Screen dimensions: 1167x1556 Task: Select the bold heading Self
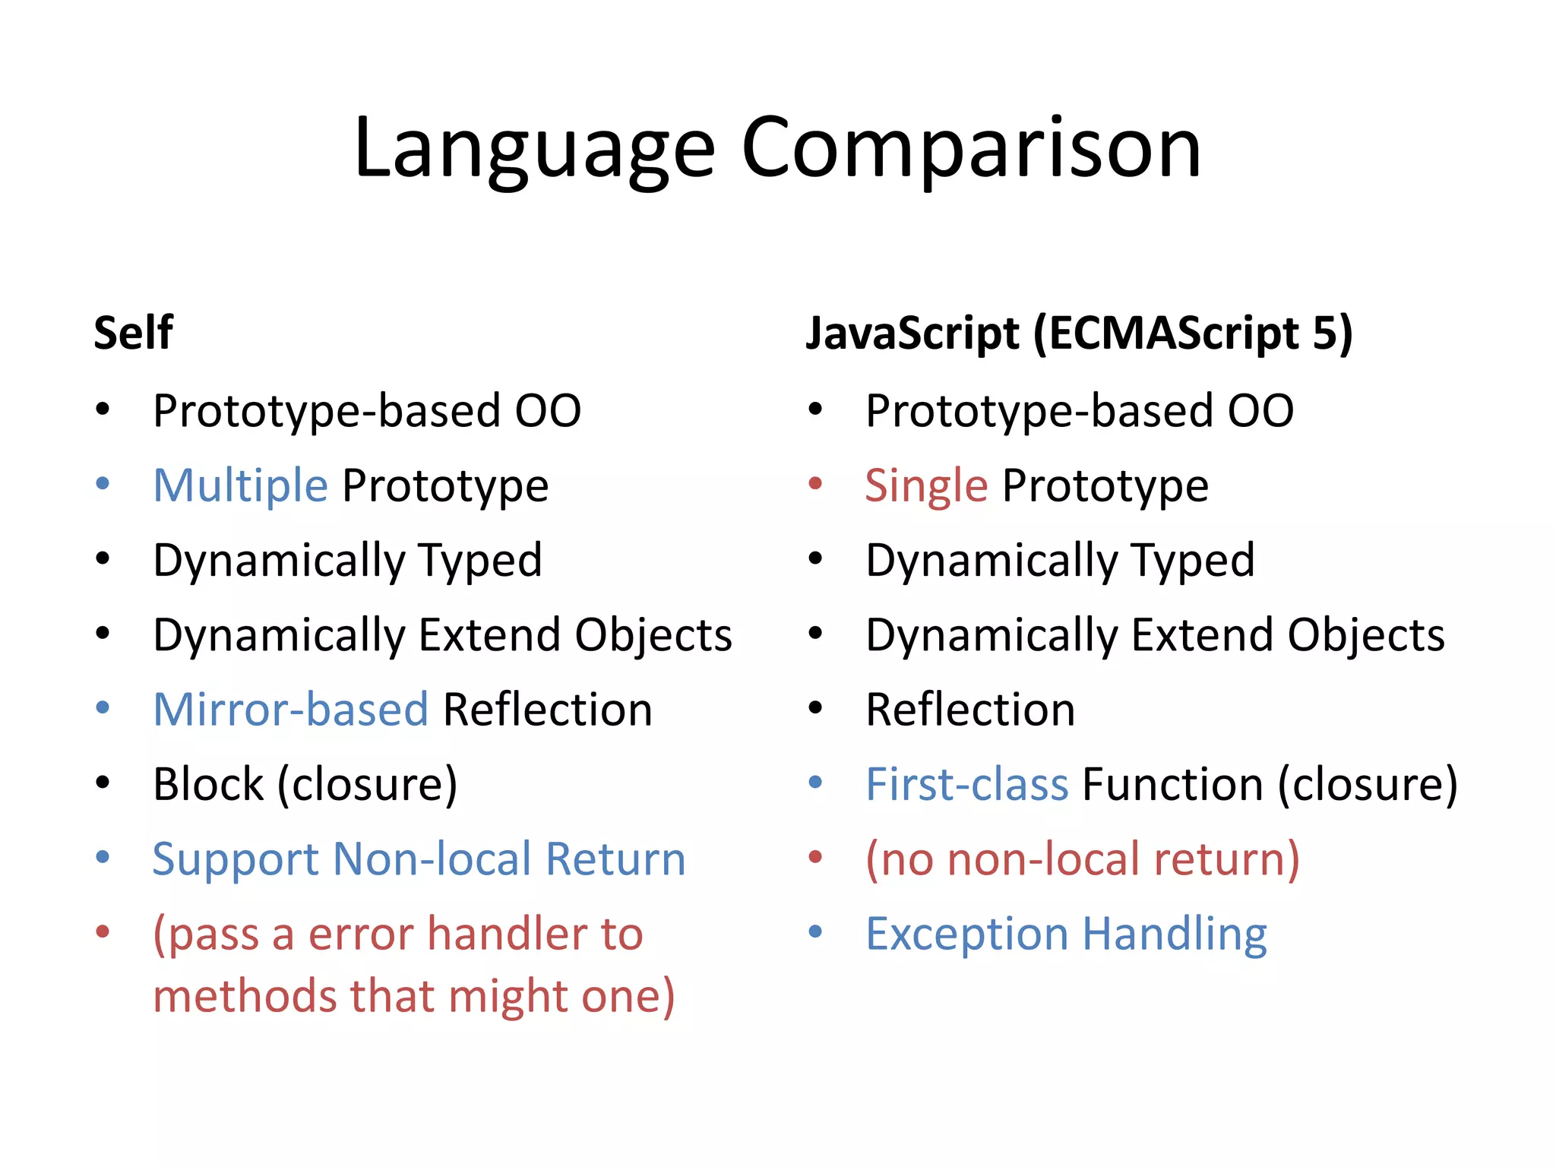pos(133,334)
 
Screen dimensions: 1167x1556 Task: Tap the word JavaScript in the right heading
pos(912,334)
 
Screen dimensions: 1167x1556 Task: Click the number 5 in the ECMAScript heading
pos(1324,334)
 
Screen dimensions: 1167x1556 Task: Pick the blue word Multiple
pos(240,485)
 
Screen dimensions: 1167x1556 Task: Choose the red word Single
pos(925,485)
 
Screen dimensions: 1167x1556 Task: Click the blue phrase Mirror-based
pos(291,710)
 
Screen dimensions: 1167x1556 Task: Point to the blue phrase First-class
pos(966,784)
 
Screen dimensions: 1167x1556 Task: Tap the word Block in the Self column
pos(207,784)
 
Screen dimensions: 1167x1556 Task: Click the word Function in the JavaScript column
pos(1172,784)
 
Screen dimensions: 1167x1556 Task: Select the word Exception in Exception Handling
pos(966,934)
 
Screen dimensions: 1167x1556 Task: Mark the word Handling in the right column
pos(1175,934)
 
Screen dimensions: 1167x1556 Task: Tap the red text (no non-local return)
pos(1083,859)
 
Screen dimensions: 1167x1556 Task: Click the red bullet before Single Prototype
pos(816,483)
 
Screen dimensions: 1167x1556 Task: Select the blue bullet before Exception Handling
pos(816,931)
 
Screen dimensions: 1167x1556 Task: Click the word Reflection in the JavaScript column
pos(970,710)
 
